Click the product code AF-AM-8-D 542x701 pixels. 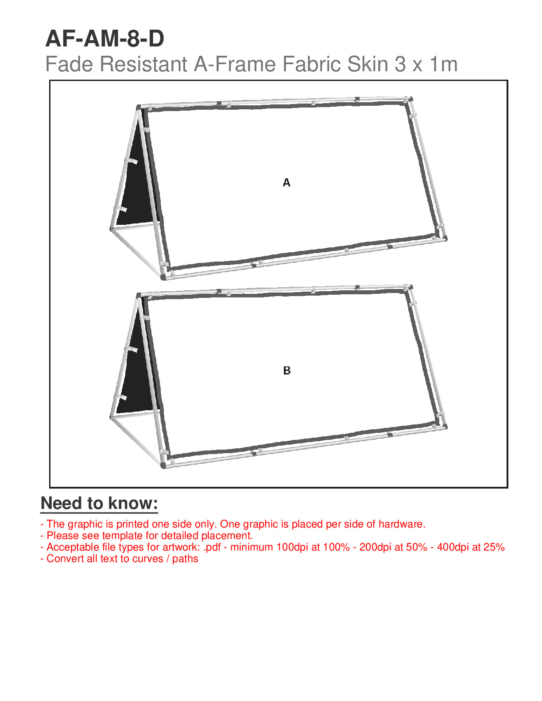click(105, 39)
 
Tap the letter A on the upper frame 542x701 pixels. click(286, 183)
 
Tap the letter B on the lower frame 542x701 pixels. click(286, 370)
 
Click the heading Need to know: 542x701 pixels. click(99, 503)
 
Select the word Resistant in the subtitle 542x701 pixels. click(143, 64)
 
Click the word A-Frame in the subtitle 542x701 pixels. click(235, 64)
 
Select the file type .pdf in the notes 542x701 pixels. click(213, 547)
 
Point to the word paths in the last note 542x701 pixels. click(185, 558)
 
